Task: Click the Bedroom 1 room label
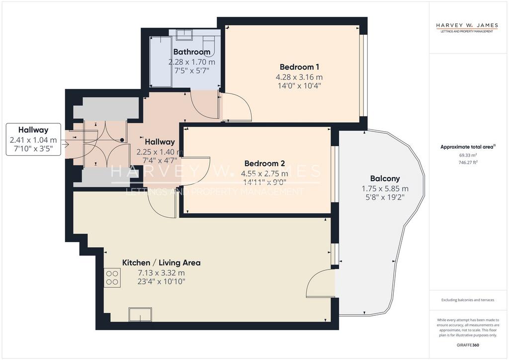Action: coord(299,67)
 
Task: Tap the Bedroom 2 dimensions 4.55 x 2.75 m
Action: coord(264,174)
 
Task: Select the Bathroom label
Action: coord(191,52)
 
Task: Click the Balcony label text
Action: coord(385,179)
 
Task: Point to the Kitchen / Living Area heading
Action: coord(162,263)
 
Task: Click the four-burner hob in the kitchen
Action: coord(112,278)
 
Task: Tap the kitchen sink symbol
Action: coord(140,314)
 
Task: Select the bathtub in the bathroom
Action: coord(161,62)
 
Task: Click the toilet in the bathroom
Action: coord(208,43)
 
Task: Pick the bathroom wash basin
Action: coord(184,34)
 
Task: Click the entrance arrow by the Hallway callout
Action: coord(65,144)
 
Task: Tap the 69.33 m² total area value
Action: coord(467,155)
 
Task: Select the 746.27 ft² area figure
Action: coord(468,162)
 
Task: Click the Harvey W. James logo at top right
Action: coord(467,27)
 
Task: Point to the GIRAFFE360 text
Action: coord(467,345)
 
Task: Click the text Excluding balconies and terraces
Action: coord(467,300)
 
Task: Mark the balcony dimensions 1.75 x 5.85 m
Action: coord(385,188)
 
